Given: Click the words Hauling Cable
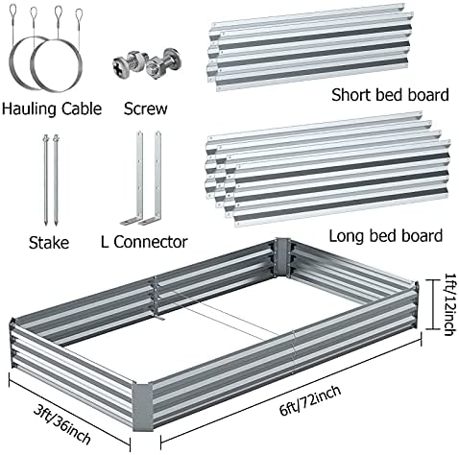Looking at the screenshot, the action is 52,109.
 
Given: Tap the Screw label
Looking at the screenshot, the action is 146,108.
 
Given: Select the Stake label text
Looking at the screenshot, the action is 49,243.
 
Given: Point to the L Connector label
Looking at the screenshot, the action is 144,242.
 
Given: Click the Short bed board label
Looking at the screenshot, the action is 390,95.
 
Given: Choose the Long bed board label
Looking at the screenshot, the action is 386,236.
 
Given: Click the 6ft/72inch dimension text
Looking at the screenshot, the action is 309,400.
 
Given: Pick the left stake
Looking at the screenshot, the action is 45,180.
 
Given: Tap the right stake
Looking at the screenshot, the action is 57,180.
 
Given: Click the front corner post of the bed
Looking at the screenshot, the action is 142,406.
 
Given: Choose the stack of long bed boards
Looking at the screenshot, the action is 328,169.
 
